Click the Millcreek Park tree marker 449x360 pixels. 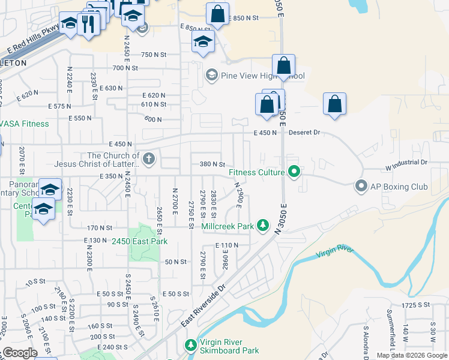(x=262, y=226)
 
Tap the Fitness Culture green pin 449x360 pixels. (x=294, y=173)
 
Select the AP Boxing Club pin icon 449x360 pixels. (x=361, y=186)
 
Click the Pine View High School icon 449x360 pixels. (x=211, y=76)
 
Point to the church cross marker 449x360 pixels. (x=149, y=159)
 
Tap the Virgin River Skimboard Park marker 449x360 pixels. (x=190, y=346)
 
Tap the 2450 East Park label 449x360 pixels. (x=139, y=241)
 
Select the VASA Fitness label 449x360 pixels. (x=25, y=124)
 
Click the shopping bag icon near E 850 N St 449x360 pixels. (x=217, y=14)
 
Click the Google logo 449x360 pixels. (x=19, y=353)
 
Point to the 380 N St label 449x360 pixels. (x=211, y=164)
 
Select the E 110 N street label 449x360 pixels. (x=226, y=245)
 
